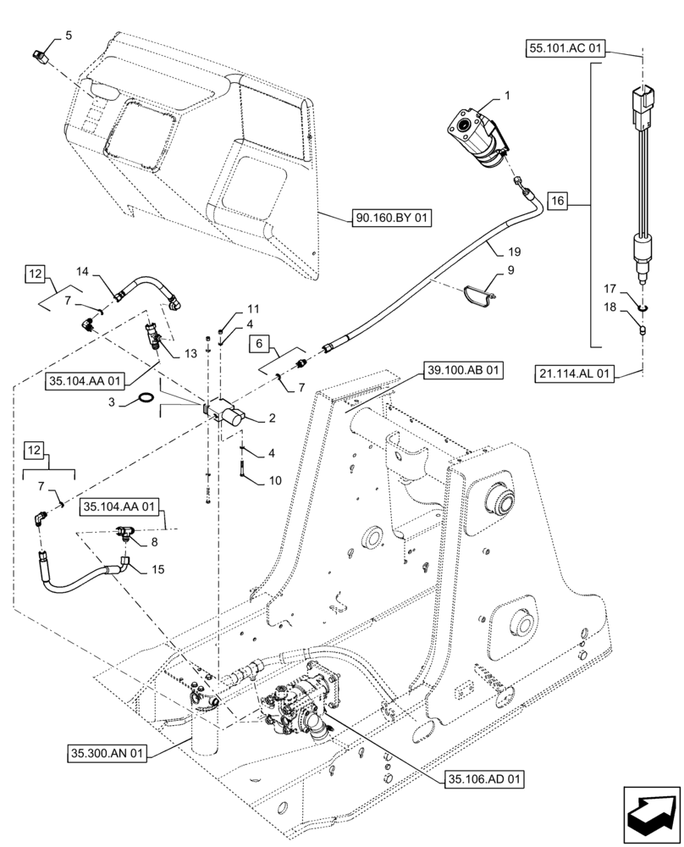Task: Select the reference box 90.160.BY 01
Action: pos(392,219)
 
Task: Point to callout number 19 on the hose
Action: pos(515,252)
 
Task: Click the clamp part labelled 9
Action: pos(478,292)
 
